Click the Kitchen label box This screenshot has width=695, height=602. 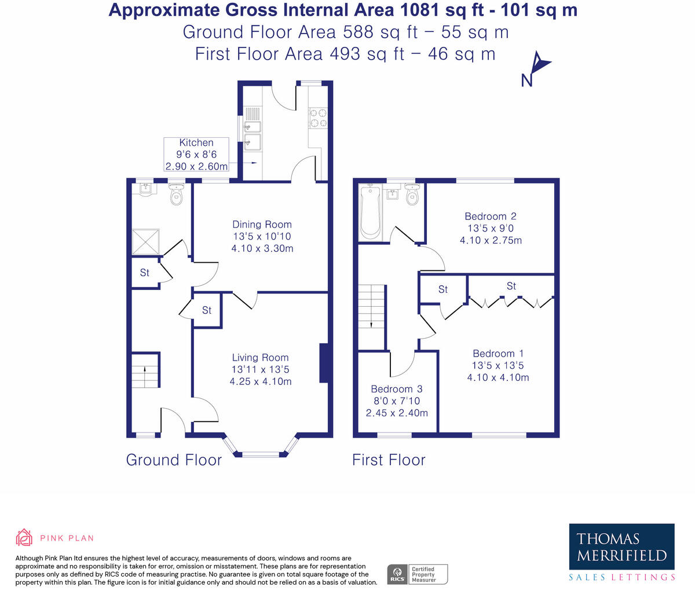(196, 154)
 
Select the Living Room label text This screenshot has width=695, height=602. (260, 358)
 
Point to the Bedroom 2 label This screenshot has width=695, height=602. (491, 216)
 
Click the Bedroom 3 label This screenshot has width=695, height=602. (397, 389)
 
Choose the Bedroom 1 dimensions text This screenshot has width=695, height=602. (498, 372)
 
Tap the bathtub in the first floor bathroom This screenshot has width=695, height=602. (370, 212)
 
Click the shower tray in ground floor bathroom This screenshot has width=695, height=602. (145, 242)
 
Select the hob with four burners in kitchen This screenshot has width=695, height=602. (317, 118)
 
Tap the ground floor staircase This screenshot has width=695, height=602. (145, 371)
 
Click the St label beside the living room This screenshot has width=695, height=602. (207, 311)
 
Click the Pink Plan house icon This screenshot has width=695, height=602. (24, 537)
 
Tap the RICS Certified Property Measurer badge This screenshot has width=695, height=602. (418, 574)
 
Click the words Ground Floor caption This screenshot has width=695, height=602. (174, 460)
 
